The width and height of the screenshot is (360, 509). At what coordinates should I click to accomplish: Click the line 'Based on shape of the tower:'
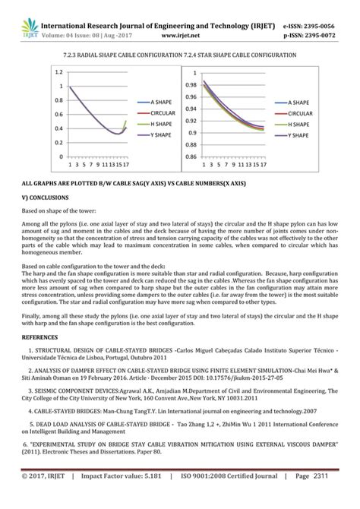pyautogui.click(x=70, y=210)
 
